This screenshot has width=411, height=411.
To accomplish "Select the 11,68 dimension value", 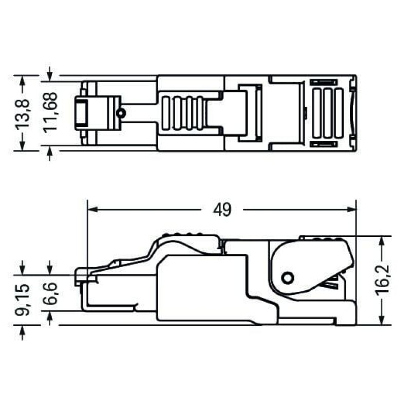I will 50,113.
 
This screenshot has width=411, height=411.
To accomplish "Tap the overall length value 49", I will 222,210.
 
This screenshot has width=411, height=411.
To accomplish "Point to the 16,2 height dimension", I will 382,281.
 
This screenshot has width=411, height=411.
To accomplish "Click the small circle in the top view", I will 121,113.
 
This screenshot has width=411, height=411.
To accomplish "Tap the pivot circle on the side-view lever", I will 288,277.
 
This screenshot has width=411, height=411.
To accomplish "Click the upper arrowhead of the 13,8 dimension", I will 22,79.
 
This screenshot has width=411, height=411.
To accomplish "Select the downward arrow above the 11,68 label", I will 49,72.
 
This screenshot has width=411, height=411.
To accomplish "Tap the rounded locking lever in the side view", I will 311,265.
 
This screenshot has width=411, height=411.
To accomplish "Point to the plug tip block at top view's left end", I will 82,113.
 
